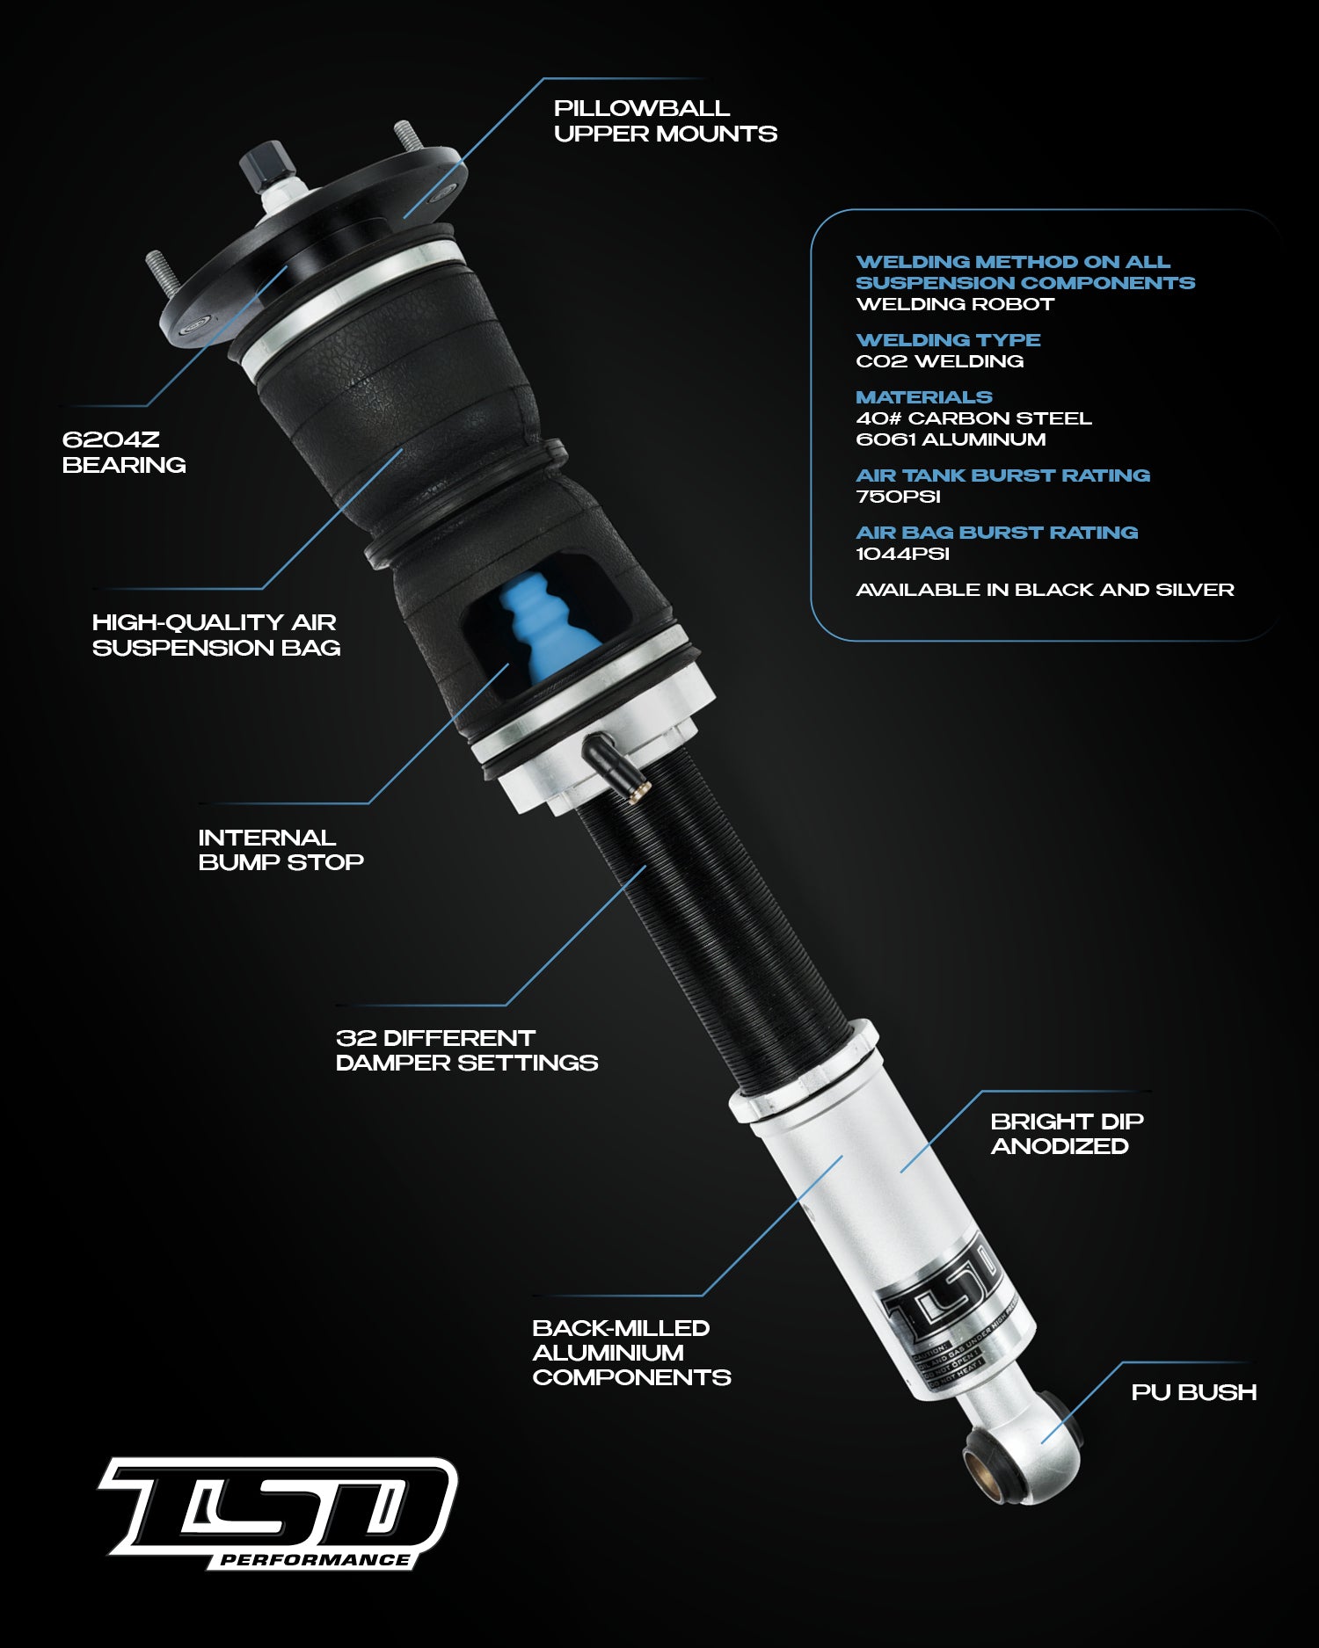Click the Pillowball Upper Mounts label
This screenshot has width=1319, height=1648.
(x=665, y=121)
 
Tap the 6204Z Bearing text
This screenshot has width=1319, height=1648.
(x=123, y=452)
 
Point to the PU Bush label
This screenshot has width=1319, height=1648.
(x=1193, y=1392)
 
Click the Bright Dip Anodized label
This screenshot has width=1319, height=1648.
(x=1066, y=1134)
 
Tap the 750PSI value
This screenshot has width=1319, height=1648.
(x=898, y=497)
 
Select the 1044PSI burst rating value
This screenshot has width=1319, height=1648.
(x=902, y=554)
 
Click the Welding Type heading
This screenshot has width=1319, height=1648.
(x=948, y=340)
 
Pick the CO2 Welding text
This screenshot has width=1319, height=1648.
(x=939, y=361)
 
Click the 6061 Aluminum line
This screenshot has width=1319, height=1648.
(x=951, y=439)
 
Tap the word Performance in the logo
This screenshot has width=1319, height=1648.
(x=315, y=1560)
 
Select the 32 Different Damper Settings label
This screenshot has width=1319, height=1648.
(x=466, y=1050)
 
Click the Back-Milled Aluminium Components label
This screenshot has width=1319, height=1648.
(x=630, y=1353)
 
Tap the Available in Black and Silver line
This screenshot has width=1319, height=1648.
(x=1045, y=590)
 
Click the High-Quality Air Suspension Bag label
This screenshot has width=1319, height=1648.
(x=215, y=635)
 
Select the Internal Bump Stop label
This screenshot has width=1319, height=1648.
(x=280, y=850)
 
